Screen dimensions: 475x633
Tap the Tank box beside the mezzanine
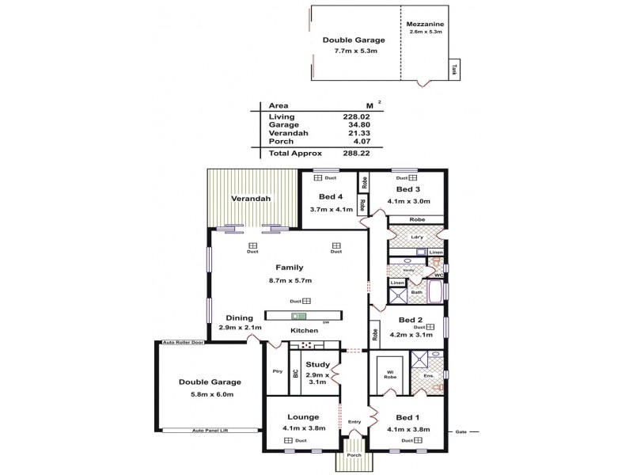click(x=455, y=70)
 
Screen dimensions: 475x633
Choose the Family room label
click(x=289, y=268)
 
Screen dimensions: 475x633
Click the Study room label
click(x=317, y=364)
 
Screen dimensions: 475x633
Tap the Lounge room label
click(x=304, y=416)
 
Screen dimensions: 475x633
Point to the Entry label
click(x=354, y=421)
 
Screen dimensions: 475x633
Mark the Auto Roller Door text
click(x=183, y=343)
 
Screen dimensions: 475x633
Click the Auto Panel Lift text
click(x=210, y=431)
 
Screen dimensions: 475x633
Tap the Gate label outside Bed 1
click(x=461, y=431)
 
